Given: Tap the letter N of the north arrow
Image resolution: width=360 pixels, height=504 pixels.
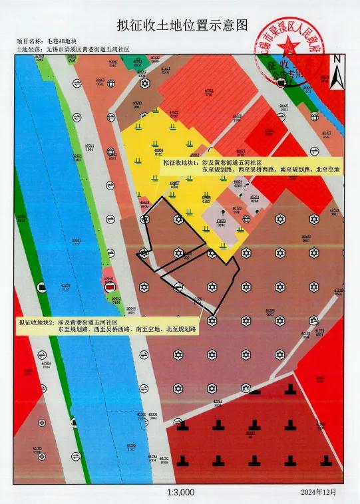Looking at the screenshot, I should tap(337, 59).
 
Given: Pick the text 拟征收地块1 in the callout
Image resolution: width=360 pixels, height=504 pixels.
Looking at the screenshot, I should tap(180, 162).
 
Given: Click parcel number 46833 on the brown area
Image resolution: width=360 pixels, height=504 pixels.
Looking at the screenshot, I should tap(306, 237).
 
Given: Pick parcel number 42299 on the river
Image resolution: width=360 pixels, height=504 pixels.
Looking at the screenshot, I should tap(65, 286).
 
